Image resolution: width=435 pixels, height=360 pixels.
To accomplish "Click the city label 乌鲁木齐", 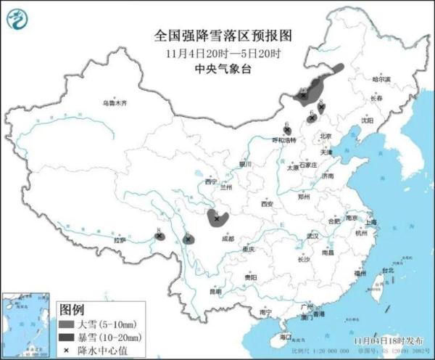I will pyautogui.click(x=114, y=104).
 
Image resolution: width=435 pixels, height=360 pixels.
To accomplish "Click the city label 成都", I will pyautogui.click(x=228, y=237).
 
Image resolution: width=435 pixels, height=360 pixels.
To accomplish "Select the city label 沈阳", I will pyautogui.click(x=368, y=121).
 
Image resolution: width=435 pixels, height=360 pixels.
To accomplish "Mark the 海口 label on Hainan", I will pyautogui.click(x=285, y=337).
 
